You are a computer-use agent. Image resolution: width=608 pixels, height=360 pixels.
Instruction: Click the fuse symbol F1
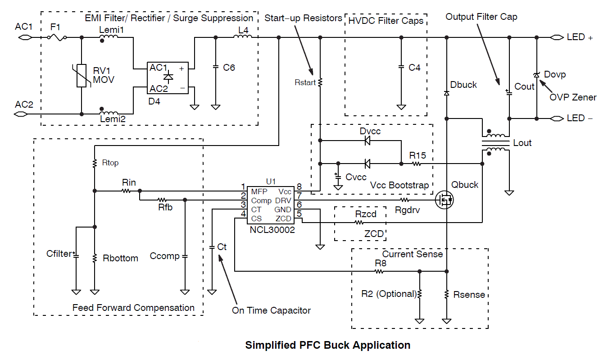(x=59, y=38)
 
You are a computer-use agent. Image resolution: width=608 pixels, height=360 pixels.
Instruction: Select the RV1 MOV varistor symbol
(x=81, y=75)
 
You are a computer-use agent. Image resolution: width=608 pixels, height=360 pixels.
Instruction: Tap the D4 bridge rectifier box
(x=168, y=77)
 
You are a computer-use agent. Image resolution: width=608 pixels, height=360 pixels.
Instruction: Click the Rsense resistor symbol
(x=446, y=294)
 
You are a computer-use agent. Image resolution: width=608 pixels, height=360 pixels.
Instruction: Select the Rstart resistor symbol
(x=320, y=82)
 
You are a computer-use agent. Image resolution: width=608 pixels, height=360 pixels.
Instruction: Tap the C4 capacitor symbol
(x=401, y=68)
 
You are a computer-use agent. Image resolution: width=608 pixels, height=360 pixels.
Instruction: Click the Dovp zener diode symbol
(x=536, y=74)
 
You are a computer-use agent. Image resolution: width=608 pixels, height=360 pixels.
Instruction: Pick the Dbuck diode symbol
(x=446, y=93)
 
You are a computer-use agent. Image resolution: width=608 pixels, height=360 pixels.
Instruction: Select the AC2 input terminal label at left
(x=24, y=105)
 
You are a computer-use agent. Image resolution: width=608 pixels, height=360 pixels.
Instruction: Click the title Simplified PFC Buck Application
(x=327, y=345)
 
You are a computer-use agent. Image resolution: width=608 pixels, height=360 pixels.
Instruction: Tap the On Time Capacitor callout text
(x=271, y=310)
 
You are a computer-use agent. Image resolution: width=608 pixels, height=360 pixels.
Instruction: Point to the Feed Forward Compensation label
(x=133, y=308)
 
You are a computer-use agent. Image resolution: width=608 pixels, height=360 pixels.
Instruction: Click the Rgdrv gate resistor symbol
(x=404, y=199)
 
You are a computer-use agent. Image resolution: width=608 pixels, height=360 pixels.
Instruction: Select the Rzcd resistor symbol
(x=359, y=222)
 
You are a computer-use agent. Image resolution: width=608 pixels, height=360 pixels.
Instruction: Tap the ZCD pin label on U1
(x=283, y=219)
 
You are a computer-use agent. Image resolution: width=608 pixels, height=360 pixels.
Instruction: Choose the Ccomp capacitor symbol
(x=185, y=256)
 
